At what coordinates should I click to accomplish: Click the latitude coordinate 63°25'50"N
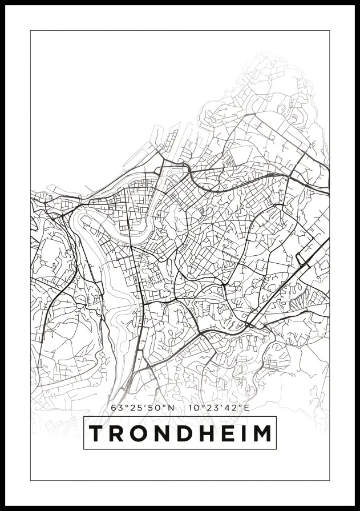point(143,408)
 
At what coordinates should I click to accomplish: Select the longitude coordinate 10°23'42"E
point(219,408)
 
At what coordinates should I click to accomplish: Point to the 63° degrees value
point(118,408)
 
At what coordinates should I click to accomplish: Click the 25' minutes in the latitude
point(136,408)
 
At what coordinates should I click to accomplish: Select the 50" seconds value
point(154,408)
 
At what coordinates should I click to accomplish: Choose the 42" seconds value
point(231,408)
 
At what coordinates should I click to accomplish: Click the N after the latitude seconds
point(171,408)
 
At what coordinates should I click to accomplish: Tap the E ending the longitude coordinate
point(246,408)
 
